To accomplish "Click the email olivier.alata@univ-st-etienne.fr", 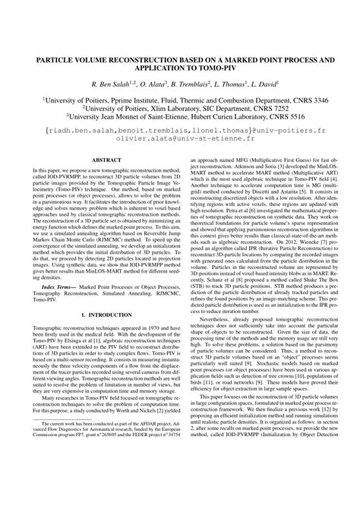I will pyautogui.click(x=180, y=141).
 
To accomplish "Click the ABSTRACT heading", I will pyautogui.click(x=101, y=160).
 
